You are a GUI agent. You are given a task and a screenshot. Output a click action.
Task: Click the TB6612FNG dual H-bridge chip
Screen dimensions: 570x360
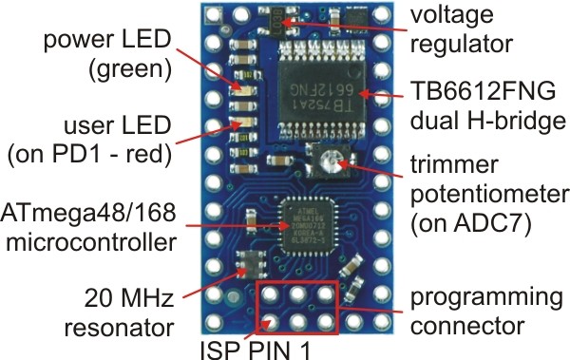322,89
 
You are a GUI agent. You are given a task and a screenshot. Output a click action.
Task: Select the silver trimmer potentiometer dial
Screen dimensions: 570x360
331,161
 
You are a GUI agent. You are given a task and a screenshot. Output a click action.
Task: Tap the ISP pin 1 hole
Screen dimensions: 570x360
270,322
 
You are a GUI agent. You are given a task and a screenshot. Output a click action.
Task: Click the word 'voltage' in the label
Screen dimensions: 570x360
452,15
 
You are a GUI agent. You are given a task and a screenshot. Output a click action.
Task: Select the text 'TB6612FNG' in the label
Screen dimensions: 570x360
484,91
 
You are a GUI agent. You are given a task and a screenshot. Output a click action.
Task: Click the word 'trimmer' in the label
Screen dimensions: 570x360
454,164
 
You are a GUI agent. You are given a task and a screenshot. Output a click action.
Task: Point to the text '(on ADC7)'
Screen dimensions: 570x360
471,223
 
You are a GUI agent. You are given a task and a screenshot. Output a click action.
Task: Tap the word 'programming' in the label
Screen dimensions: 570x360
486,298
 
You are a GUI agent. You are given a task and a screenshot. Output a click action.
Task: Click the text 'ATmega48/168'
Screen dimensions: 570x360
88,213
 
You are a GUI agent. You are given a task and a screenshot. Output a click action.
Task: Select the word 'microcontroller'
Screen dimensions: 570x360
91,242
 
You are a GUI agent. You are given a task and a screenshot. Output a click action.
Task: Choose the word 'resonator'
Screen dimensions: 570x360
120,328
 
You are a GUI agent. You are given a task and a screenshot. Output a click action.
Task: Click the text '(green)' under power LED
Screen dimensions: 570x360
130,69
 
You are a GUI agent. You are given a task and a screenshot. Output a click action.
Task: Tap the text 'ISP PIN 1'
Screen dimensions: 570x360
256,350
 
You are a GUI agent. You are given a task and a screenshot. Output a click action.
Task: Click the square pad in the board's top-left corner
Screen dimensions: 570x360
213,15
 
